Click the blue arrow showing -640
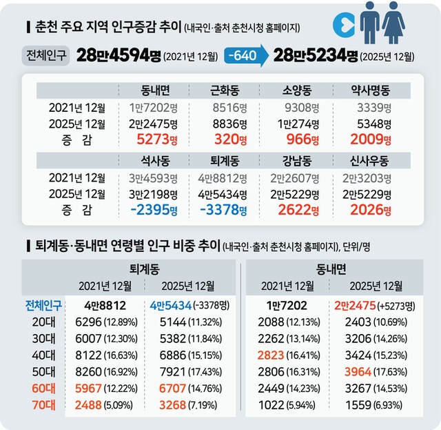pos(243,56)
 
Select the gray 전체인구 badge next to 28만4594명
pos(45,56)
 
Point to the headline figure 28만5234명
pos(316,56)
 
